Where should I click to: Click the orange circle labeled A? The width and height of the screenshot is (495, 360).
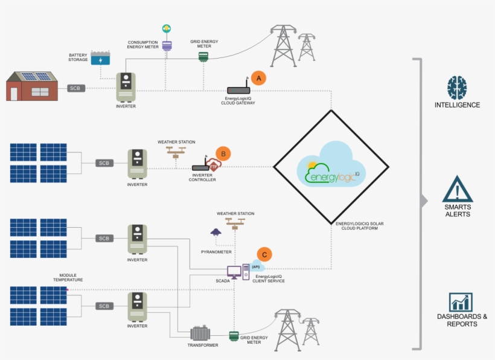tap(259, 79)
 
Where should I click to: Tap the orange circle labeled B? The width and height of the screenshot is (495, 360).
tap(223, 153)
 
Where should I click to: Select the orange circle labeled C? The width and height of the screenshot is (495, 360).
tap(263, 254)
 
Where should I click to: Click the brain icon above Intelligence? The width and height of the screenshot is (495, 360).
tap(457, 88)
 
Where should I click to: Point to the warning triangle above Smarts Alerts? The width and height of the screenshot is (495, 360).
tap(457, 189)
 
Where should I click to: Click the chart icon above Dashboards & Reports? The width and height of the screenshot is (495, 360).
tap(461, 302)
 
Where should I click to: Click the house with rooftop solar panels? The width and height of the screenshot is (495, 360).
tap(33, 86)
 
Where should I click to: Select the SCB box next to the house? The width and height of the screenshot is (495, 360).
tap(75, 88)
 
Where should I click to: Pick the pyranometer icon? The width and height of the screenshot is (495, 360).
tap(215, 232)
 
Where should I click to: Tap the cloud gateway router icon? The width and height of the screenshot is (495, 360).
tap(238, 90)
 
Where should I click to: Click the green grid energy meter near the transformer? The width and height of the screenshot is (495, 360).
tap(233, 336)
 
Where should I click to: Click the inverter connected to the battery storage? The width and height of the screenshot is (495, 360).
tap(126, 88)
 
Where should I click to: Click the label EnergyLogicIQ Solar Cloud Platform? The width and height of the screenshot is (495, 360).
tap(359, 227)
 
